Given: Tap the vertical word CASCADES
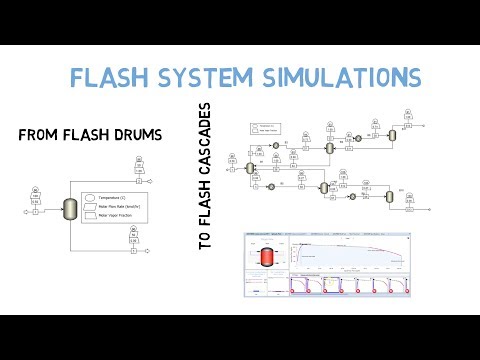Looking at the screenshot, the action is click(207, 149).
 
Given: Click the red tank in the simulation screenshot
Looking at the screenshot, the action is click(267, 257).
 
